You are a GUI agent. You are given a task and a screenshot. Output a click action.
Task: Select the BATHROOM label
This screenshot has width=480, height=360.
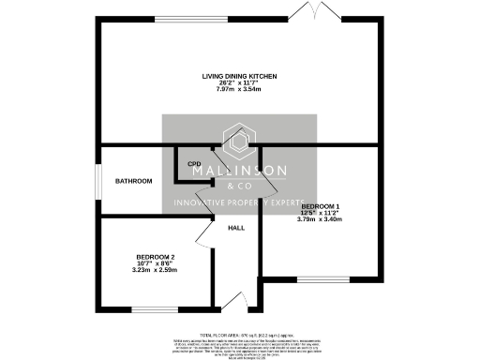coord(133,181)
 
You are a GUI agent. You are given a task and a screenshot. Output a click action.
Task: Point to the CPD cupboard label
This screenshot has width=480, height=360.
coord(195,164)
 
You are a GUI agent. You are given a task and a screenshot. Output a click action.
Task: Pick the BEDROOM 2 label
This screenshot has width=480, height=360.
coord(156,256)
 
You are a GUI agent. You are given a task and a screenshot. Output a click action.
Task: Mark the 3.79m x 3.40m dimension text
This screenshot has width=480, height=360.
coord(321,218)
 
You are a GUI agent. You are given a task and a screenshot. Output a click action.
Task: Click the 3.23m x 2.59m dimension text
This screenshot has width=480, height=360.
coord(156,270)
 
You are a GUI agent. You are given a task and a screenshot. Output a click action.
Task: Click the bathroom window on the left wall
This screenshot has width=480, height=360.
coord(99,181)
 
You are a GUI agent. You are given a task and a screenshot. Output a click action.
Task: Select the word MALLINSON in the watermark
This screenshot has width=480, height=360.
coord(240,172)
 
